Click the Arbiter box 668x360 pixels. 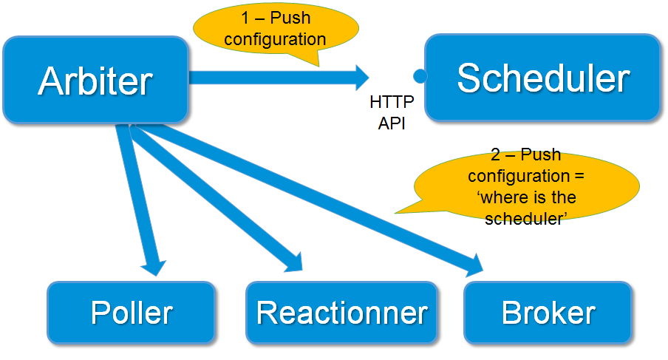(95, 80)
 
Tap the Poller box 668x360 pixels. (132, 313)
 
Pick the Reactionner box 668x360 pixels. (341, 313)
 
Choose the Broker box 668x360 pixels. (548, 313)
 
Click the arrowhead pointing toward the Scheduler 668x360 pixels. (360, 76)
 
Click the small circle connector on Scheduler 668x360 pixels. (420, 75)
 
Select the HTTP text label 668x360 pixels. (392, 101)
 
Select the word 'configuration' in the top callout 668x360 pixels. (275, 39)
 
